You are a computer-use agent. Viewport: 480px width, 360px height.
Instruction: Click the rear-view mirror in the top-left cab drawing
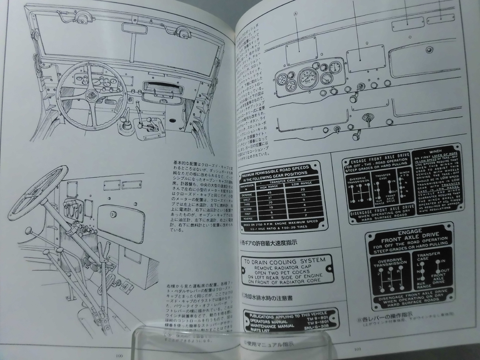click(135, 29)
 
